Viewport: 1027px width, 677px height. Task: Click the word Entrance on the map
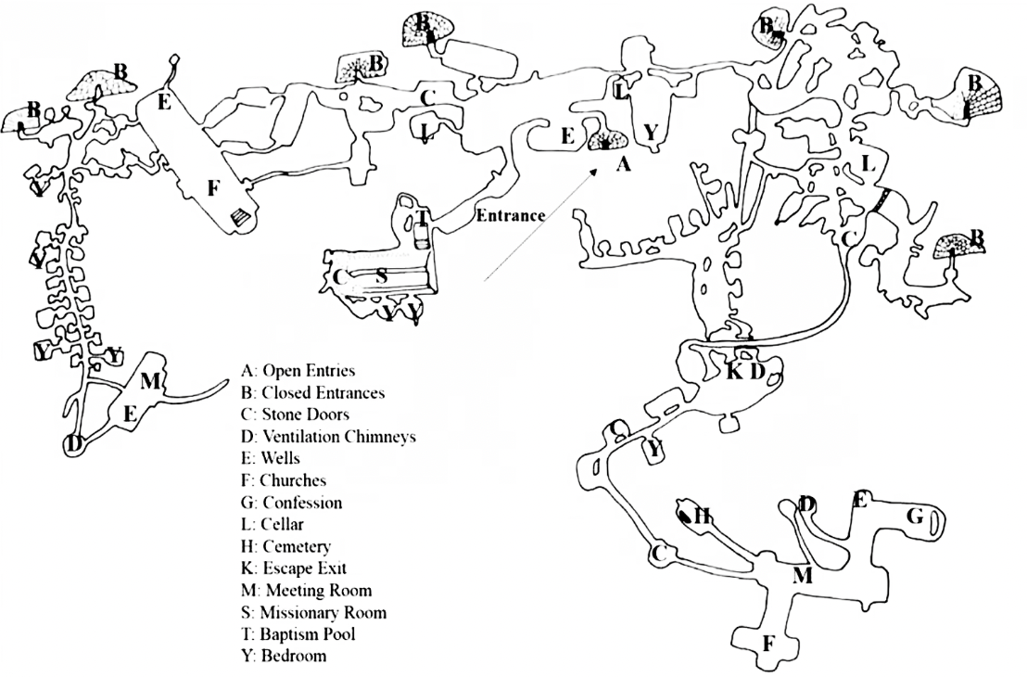point(510,216)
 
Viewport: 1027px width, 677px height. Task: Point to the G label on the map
point(915,517)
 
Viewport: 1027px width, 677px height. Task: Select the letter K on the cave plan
point(735,373)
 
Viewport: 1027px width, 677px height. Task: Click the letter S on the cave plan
point(380,275)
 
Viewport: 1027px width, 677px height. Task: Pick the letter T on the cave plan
point(422,219)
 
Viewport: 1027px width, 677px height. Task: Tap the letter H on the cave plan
point(703,516)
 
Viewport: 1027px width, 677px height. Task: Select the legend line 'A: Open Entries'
point(297,371)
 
